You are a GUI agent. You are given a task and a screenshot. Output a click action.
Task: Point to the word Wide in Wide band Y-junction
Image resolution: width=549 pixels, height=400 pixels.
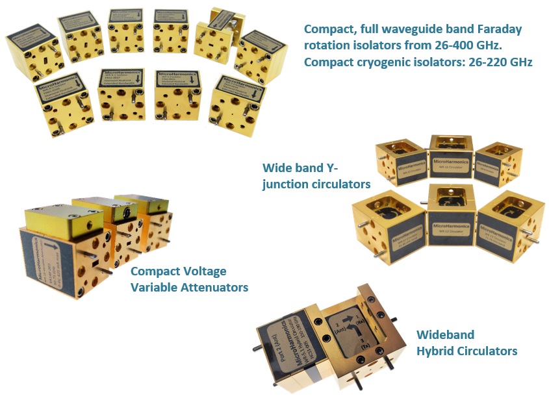coord(277,168)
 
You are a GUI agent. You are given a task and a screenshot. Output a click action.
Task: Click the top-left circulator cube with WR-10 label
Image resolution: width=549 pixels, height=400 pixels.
coord(399,162)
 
